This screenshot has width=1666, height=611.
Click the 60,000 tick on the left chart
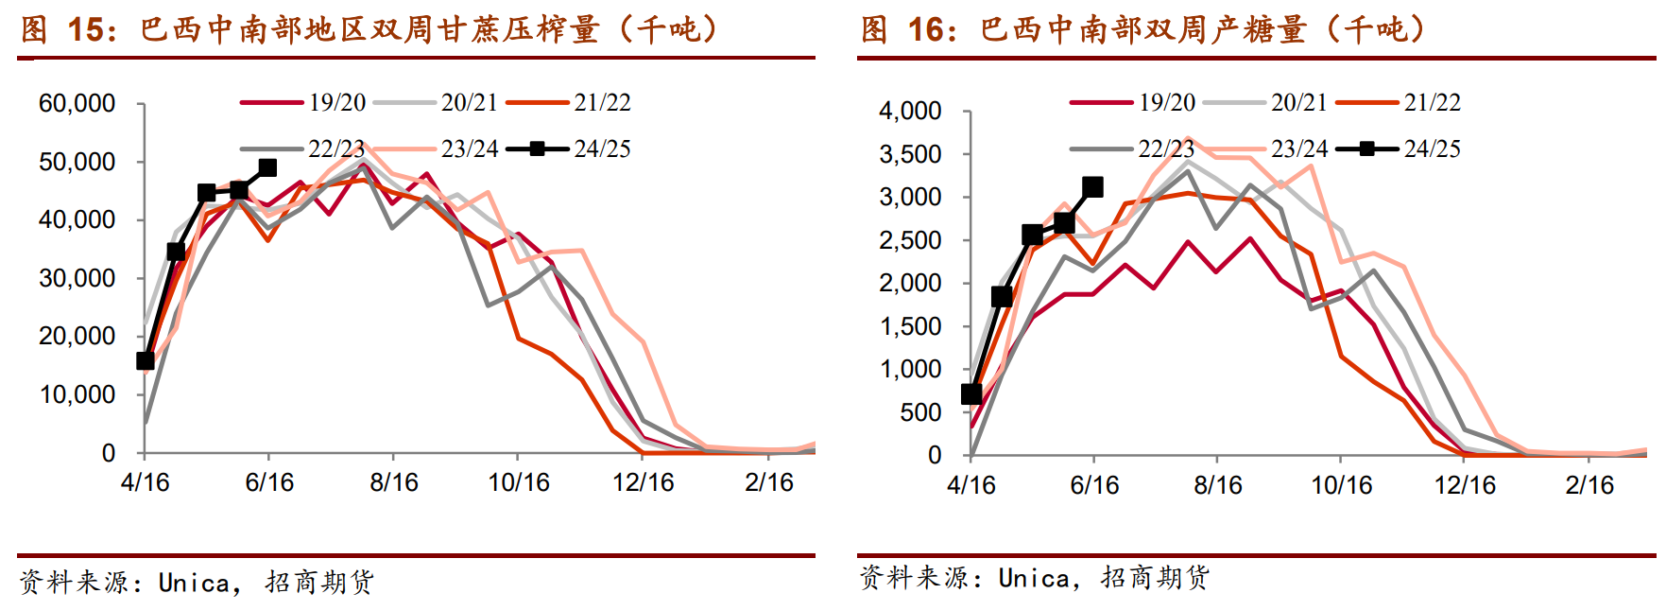point(77,104)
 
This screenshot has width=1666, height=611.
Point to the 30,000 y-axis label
point(77,278)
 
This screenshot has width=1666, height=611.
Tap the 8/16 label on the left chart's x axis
point(393,482)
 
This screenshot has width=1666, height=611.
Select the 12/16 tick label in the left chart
point(643,482)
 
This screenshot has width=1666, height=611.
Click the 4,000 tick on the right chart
point(910,112)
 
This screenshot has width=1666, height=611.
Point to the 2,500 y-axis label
point(910,240)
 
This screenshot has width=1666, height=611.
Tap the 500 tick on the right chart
point(920,412)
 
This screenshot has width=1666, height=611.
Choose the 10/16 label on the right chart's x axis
point(1341,485)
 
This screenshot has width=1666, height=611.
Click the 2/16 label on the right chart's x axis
point(1589,485)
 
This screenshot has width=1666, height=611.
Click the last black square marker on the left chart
point(267,167)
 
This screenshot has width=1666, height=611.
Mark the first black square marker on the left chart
point(146,361)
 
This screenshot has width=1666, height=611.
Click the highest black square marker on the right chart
point(1092,187)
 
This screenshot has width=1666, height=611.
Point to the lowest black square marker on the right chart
point(971,394)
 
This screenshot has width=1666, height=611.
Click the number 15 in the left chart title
point(86,30)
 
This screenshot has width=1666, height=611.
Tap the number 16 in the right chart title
point(926,30)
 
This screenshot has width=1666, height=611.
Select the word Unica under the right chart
point(1034,578)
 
